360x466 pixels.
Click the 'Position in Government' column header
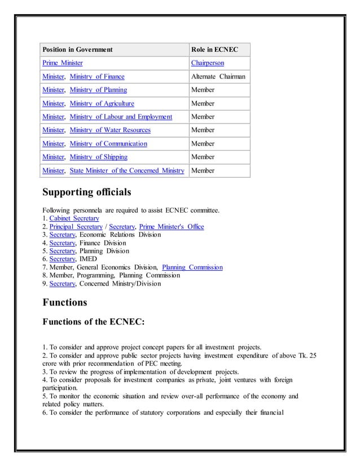click(x=77, y=50)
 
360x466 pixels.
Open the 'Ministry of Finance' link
click(x=97, y=77)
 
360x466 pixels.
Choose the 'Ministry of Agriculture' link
click(x=102, y=103)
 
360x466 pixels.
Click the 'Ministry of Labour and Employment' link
click(x=121, y=117)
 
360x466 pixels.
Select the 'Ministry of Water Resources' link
click(x=110, y=130)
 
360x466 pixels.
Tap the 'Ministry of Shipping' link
click(x=98, y=157)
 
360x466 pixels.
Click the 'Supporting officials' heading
click(x=87, y=192)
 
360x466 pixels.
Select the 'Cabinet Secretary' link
click(x=74, y=218)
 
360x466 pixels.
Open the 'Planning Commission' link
click(x=192, y=267)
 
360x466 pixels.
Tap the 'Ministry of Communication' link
click(x=108, y=144)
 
